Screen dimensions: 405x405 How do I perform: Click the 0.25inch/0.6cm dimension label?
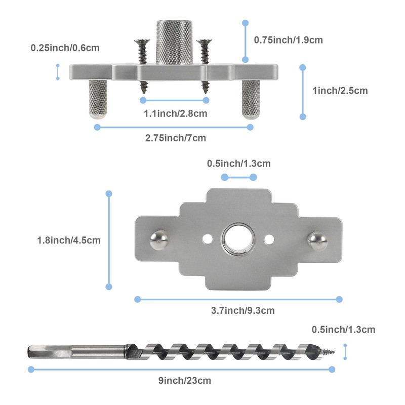coord(65,48)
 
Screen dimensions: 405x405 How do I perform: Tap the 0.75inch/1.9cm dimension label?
coord(288,40)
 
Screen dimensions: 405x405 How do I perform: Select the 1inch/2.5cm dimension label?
coord(340,91)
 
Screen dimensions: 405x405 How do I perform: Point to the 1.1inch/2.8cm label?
coord(175,113)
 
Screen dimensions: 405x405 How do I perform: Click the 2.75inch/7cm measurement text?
coord(175,138)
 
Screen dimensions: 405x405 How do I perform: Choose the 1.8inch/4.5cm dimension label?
coord(69,240)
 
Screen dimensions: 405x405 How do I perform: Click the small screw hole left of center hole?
coord(207,238)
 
